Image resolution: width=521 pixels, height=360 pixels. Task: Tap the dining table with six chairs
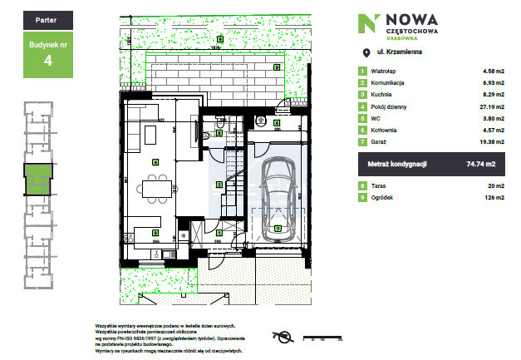(155, 189)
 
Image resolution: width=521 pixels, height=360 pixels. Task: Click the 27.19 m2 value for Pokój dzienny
(484, 106)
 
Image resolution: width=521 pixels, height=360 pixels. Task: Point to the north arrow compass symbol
(283, 336)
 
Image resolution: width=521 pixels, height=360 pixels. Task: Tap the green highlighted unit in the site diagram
(37, 178)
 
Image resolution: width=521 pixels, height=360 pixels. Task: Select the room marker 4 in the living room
(155, 161)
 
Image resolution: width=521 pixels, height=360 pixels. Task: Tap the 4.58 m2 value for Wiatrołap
(484, 72)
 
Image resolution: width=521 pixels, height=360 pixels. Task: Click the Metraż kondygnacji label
(398, 164)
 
